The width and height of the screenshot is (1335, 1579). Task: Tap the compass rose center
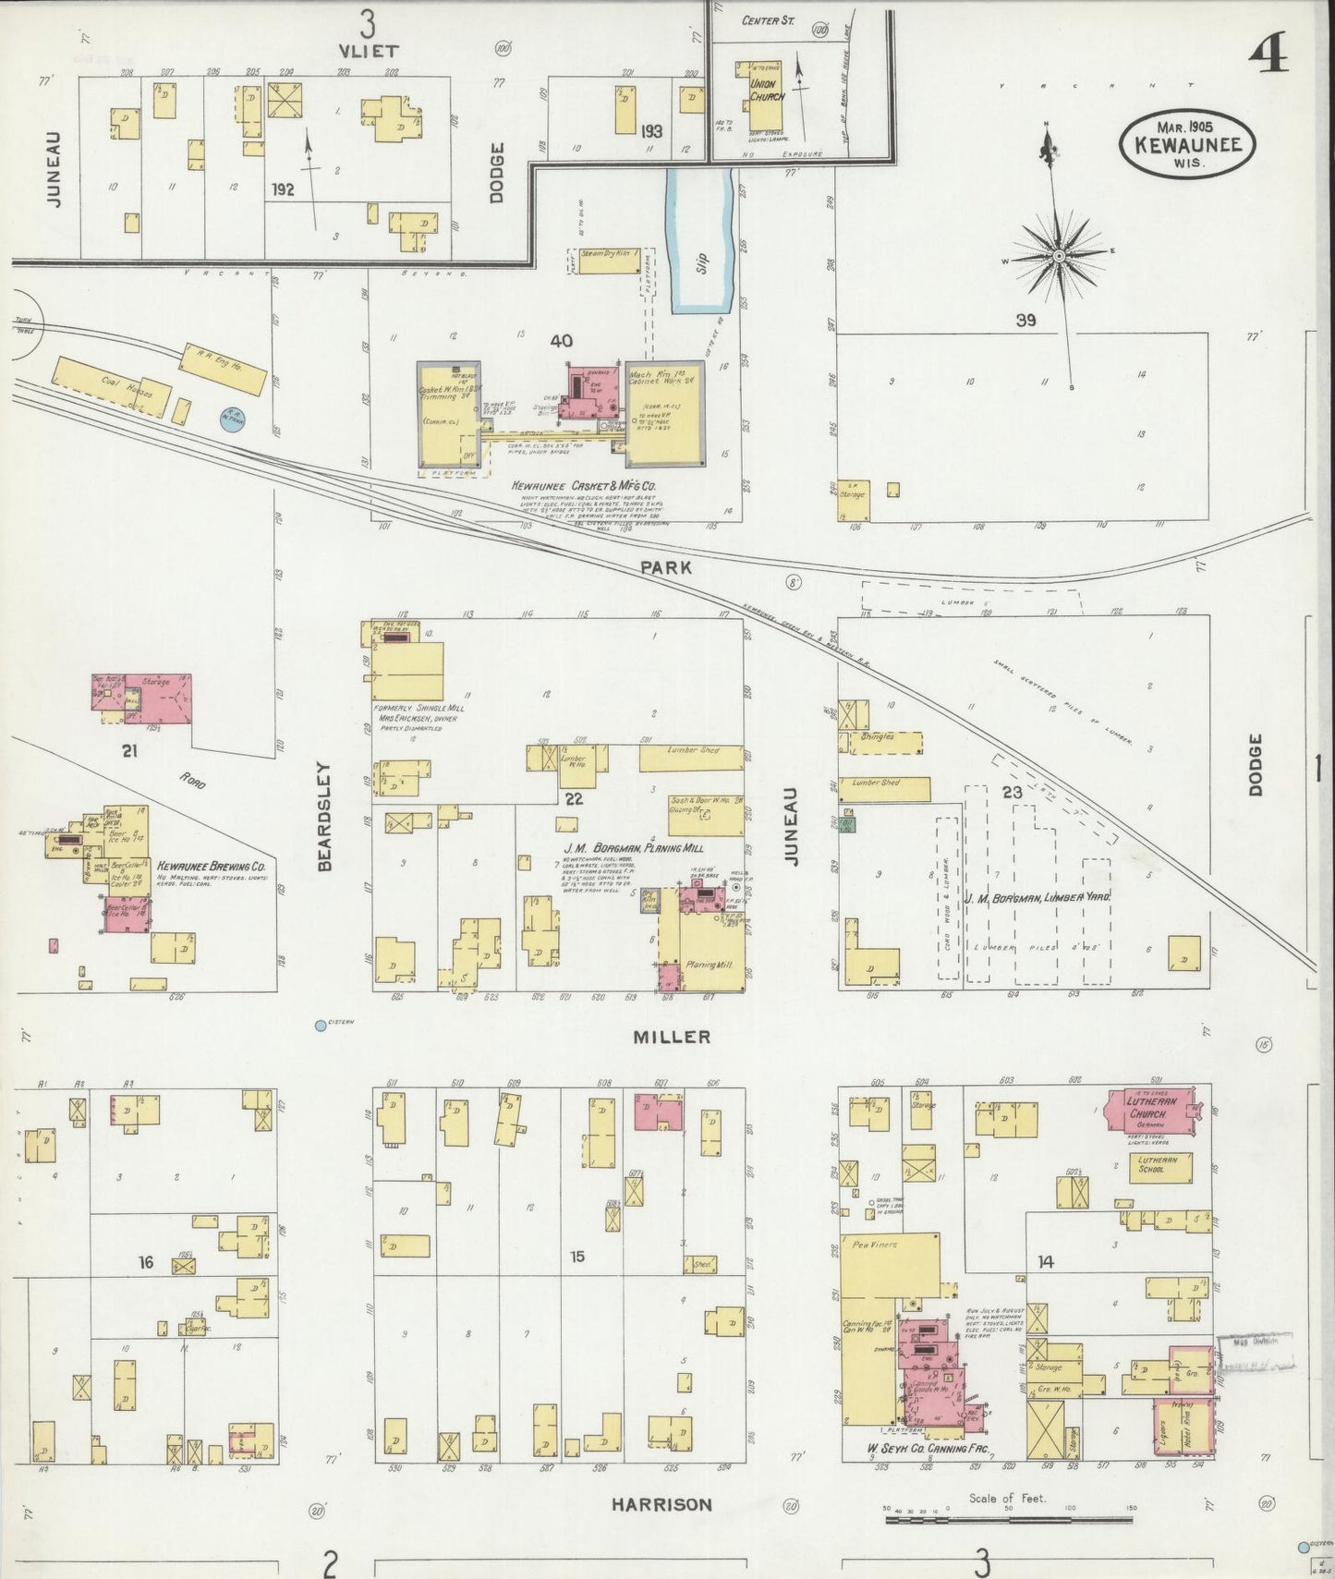pyautogui.click(x=1059, y=254)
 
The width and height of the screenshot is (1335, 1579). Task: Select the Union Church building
pyautogui.click(x=766, y=96)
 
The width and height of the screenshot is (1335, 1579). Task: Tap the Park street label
pyautogui.click(x=667, y=568)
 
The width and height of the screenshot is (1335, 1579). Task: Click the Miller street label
pyautogui.click(x=672, y=1037)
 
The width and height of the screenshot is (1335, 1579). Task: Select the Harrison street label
pyautogui.click(x=661, y=1504)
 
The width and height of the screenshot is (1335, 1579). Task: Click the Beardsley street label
pyautogui.click(x=324, y=817)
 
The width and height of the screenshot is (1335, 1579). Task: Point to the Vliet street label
pyautogui.click(x=368, y=51)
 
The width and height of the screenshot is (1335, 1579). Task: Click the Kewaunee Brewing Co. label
pyautogui.click(x=212, y=867)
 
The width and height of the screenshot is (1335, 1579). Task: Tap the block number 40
pyautogui.click(x=561, y=341)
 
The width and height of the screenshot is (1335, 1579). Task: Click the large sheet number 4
pyautogui.click(x=1270, y=57)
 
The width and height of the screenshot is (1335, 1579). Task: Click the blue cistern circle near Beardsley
pyautogui.click(x=321, y=1025)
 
